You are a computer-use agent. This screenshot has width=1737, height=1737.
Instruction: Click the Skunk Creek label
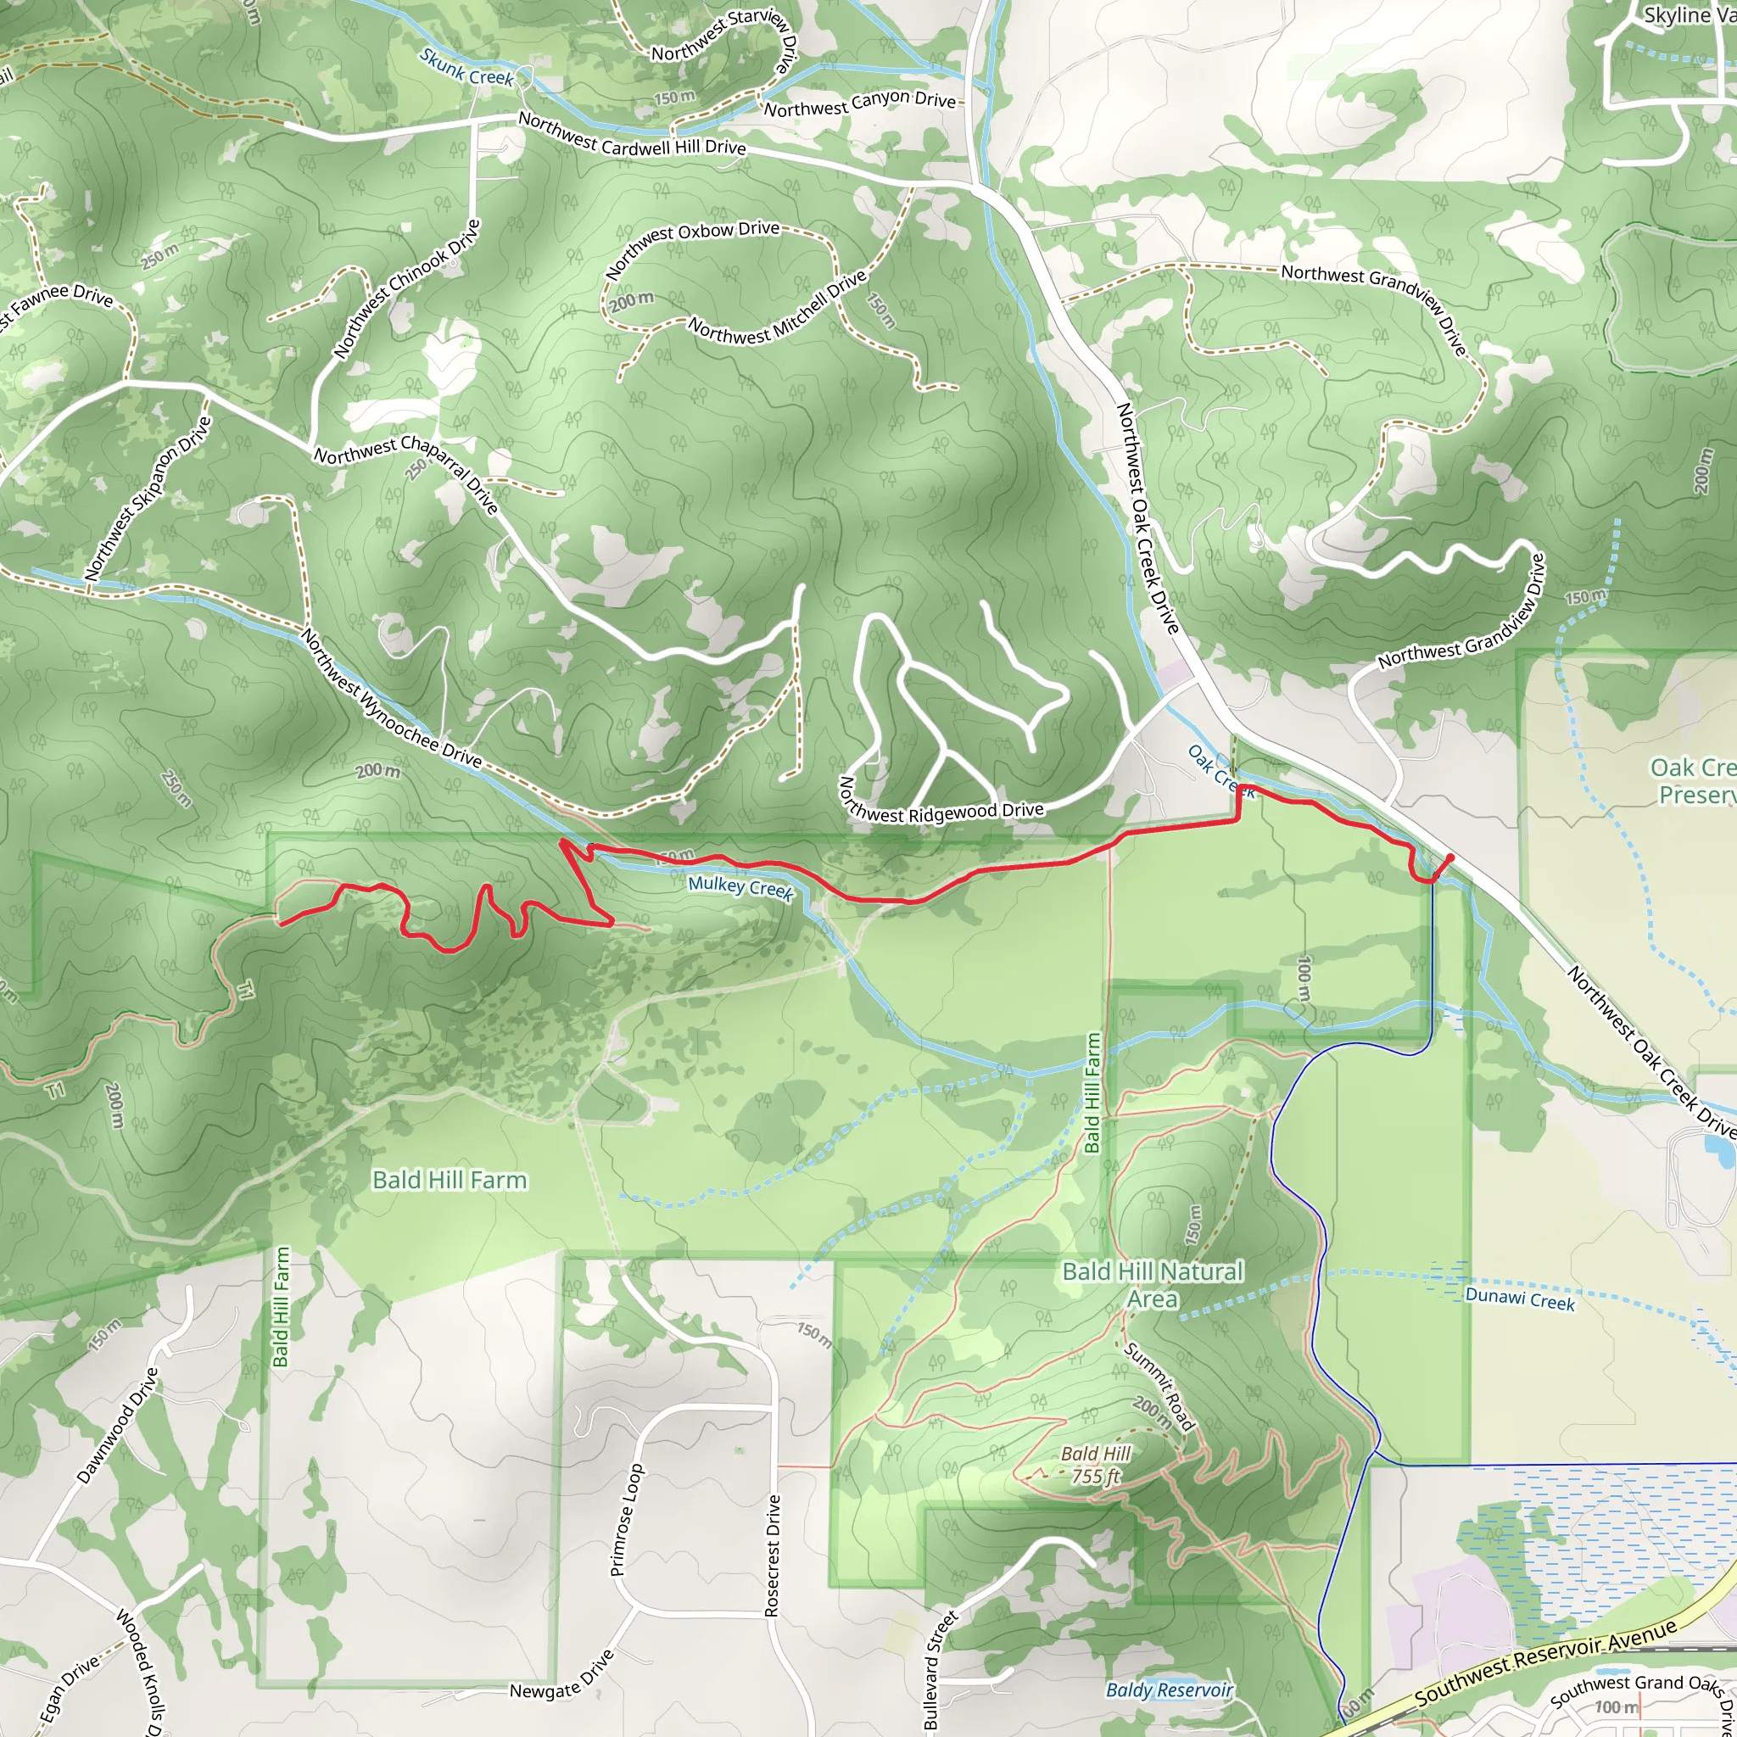tap(466, 68)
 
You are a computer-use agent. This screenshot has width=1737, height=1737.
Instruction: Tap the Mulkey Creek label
tap(740, 887)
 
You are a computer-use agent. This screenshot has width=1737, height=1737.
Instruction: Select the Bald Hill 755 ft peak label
tap(1095, 1465)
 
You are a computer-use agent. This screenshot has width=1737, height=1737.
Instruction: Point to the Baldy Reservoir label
tap(1169, 1690)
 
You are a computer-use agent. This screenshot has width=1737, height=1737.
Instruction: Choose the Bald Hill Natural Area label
tap(1153, 1285)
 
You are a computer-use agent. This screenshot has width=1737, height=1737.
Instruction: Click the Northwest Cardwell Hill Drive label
tap(632, 134)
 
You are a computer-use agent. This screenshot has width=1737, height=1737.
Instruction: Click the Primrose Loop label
tap(627, 1519)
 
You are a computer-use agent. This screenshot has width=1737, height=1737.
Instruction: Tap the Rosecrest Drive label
tap(773, 1556)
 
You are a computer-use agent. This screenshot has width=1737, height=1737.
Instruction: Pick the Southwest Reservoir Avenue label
tap(1545, 1662)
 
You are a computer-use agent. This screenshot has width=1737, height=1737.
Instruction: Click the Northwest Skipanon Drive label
tap(148, 497)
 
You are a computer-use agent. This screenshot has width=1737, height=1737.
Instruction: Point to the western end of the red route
tap(282, 923)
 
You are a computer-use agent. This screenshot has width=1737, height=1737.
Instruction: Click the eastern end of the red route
tap(1450, 857)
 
